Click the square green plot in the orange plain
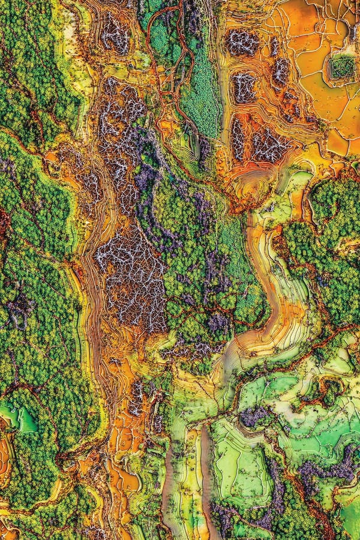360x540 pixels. point(342,67)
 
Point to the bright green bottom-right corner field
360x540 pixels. point(348,516)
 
